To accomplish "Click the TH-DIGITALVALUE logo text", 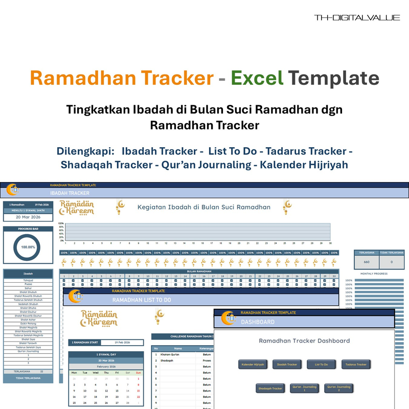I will click(357, 18).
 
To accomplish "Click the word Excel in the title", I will click(257, 78).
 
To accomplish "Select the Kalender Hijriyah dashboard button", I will click(253, 365).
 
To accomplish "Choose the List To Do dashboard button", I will click(321, 365).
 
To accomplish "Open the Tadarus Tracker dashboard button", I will click(356, 365).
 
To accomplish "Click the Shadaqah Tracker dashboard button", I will click(270, 389).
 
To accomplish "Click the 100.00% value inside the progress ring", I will click(28, 246).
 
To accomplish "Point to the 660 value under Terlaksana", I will click(367, 262).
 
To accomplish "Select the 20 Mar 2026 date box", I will click(28, 217).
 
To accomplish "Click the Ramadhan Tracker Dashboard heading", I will click(304, 340).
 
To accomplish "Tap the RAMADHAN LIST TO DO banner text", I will click(142, 300).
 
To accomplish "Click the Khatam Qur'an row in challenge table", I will click(169, 354).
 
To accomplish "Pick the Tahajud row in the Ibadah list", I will click(28, 280).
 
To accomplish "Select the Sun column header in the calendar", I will click(138, 373).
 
